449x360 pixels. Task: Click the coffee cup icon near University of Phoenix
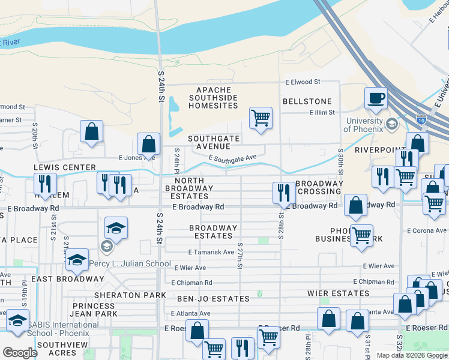coord(376,98)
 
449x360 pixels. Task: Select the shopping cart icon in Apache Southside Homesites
coord(261,118)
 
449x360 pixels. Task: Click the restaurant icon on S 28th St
coord(284,193)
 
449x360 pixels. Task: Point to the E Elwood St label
coord(303,82)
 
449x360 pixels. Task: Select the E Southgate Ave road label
coord(232,157)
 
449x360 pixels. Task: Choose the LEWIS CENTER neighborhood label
coord(65,167)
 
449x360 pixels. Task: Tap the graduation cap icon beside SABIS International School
coord(17,319)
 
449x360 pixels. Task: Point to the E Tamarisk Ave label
coord(210,253)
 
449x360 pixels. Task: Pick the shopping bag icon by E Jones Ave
coord(148,144)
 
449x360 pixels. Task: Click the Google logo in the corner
coord(19,352)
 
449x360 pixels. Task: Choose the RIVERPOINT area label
coord(375,149)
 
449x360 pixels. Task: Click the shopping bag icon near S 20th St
coord(91,131)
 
